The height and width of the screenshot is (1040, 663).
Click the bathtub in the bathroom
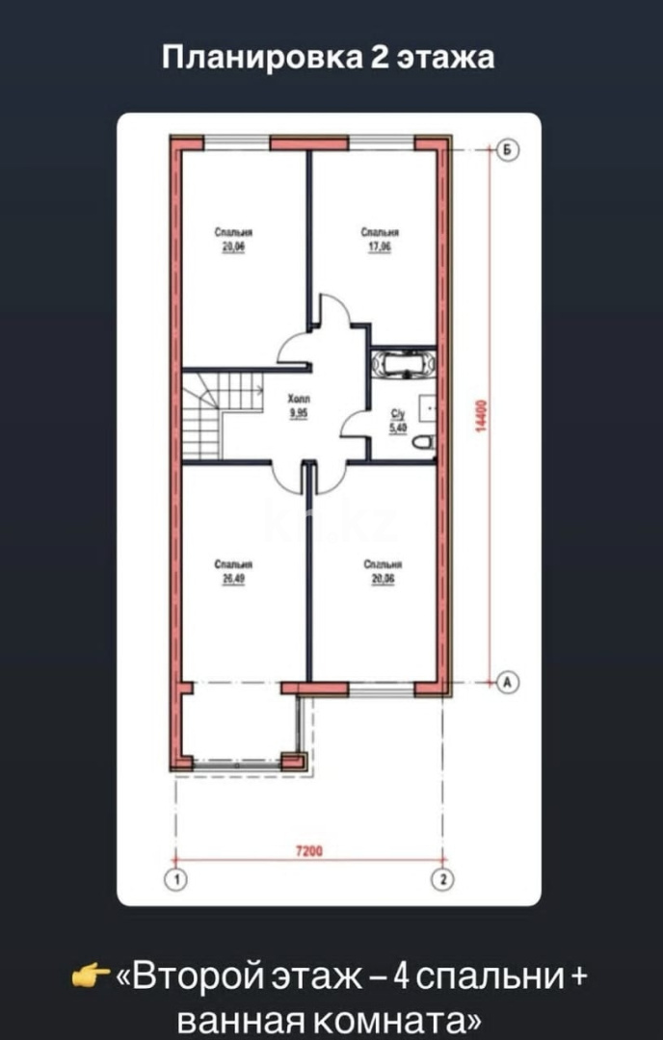click(x=404, y=364)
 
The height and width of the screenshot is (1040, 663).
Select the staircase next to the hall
click(x=222, y=414)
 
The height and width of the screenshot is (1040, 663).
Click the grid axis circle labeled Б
click(x=509, y=150)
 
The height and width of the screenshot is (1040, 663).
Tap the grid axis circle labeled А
click(x=509, y=682)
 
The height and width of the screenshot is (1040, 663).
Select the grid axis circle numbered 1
click(x=175, y=878)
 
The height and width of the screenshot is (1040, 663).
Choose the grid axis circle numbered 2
click(x=442, y=878)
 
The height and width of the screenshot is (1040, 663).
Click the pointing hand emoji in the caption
click(x=92, y=977)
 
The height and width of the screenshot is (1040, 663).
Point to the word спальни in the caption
click(x=497, y=976)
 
